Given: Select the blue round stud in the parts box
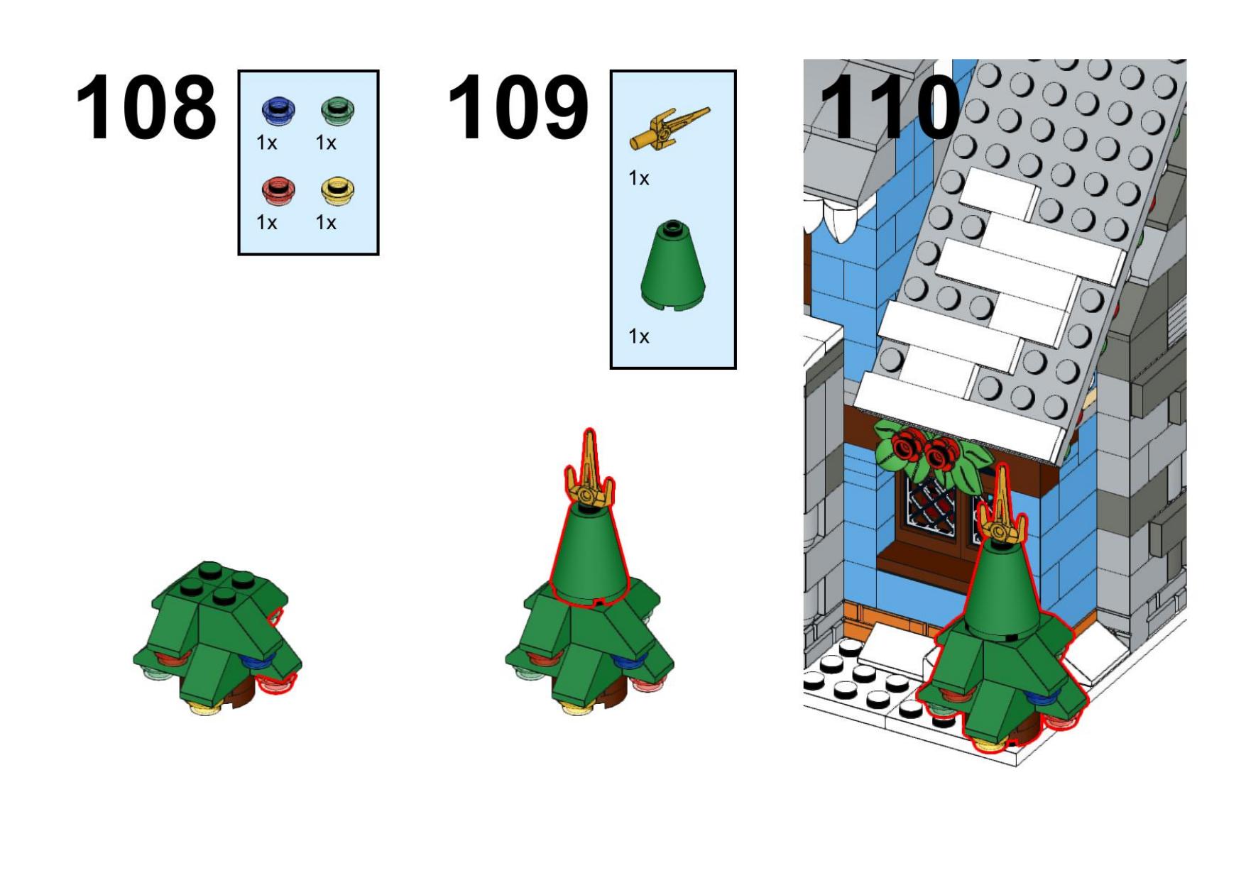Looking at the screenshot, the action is pyautogui.click(x=278, y=111).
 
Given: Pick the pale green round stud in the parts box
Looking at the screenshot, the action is pyautogui.click(x=338, y=111).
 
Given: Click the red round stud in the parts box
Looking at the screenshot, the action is pyautogui.click(x=278, y=190).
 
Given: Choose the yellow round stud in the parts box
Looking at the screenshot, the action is pyautogui.click(x=338, y=190).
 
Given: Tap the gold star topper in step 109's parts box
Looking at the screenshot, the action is pyautogui.click(x=669, y=128).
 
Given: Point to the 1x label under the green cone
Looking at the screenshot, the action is pyautogui.click(x=639, y=336).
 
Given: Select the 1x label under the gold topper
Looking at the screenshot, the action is pyautogui.click(x=639, y=178).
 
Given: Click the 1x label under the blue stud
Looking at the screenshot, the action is pyautogui.click(x=267, y=143).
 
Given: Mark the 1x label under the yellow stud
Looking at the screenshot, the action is pyautogui.click(x=326, y=223).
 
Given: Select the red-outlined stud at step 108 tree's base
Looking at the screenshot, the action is pyautogui.click(x=277, y=683).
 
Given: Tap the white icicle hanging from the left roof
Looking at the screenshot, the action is pyautogui.click(x=843, y=221).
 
